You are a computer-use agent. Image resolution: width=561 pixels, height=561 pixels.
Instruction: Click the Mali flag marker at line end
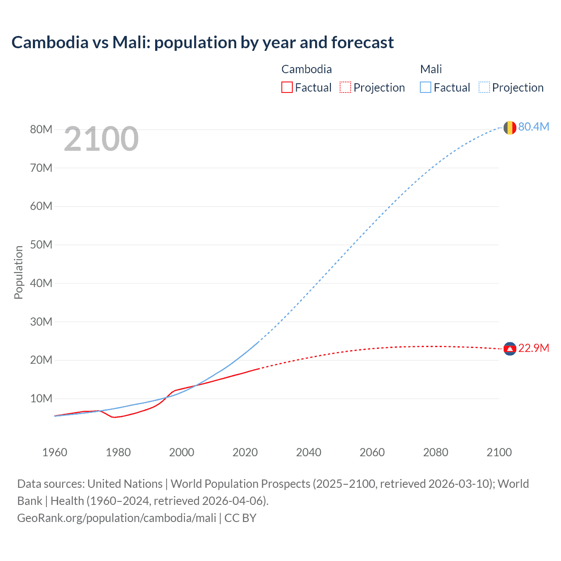[509, 128]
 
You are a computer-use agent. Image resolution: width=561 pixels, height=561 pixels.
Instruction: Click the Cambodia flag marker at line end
[510, 349]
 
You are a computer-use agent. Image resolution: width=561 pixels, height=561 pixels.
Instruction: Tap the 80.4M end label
[533, 127]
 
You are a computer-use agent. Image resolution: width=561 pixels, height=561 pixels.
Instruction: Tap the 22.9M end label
[533, 348]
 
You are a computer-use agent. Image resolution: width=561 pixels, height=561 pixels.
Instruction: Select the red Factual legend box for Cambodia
[287, 87]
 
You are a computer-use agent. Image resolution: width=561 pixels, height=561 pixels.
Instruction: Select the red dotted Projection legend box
[345, 87]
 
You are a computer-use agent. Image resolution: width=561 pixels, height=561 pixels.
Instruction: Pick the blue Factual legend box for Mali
[425, 87]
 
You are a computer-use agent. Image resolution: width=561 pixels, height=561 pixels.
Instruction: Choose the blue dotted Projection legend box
[484, 87]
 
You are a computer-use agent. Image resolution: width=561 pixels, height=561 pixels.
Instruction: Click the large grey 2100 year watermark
[101, 139]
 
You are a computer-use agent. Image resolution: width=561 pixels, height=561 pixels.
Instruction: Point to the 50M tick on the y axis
[41, 245]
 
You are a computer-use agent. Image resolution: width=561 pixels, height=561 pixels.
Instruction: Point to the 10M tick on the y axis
[41, 398]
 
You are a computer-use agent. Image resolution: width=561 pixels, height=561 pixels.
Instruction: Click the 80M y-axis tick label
[41, 129]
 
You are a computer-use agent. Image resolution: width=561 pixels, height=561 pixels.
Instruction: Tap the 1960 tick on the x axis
[55, 452]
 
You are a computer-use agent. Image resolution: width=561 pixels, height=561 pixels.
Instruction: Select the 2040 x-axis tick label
[309, 452]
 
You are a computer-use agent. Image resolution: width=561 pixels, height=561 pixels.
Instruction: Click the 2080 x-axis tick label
[436, 452]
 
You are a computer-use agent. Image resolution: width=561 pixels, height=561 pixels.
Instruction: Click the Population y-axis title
[18, 272]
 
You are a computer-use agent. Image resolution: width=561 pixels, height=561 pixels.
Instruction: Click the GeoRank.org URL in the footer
[117, 518]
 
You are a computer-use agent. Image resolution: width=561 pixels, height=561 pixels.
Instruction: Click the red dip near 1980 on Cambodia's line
[114, 417]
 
